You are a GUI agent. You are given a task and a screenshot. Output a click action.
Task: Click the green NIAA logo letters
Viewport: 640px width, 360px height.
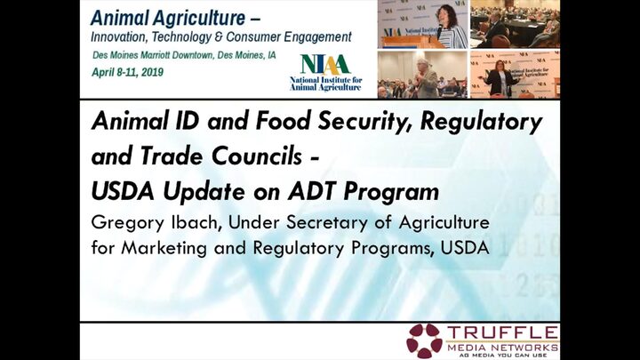(325, 65)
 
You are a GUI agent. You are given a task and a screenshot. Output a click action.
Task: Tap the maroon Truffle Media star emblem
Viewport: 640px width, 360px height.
(424, 340)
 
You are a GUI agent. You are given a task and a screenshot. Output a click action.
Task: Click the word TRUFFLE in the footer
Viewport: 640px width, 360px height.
(502, 332)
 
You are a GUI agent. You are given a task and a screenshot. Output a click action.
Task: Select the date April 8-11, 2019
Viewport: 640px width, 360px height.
(127, 73)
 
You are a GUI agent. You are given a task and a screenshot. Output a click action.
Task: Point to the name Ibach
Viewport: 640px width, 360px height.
(196, 222)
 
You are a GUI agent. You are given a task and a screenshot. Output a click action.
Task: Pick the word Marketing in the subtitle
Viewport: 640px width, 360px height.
(164, 249)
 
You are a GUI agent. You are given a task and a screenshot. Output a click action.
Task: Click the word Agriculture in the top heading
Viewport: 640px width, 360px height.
(200, 19)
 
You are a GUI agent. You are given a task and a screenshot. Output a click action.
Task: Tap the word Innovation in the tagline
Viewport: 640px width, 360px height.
(119, 37)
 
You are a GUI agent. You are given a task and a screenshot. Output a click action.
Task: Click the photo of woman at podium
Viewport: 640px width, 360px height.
(422, 24)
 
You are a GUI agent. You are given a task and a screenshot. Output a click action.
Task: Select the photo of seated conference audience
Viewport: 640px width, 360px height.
(515, 24)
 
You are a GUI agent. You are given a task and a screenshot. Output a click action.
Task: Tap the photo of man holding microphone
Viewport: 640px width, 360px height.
(422, 75)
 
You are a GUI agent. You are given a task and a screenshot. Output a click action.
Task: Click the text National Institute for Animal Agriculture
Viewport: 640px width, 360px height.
(325, 84)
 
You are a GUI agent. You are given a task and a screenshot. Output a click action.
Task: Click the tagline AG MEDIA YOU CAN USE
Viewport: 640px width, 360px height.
(503, 356)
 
